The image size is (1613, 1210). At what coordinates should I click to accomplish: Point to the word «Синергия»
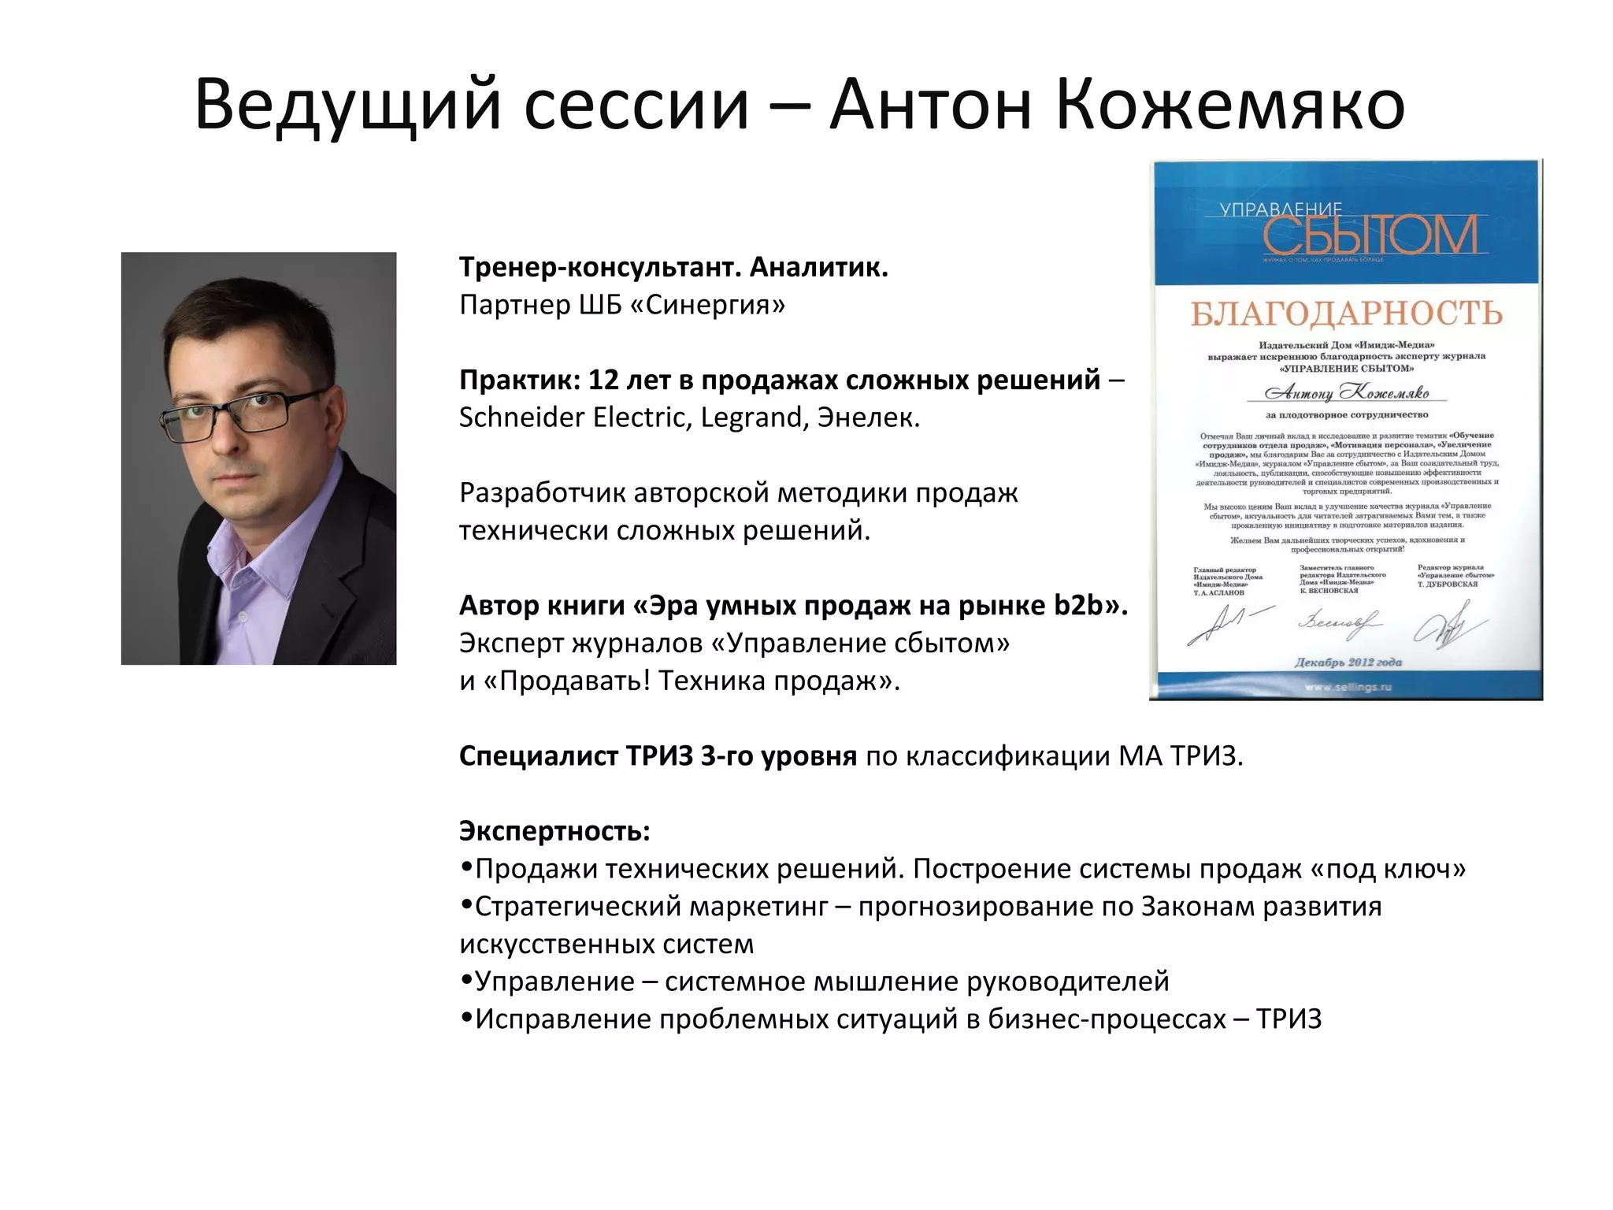[x=715, y=305]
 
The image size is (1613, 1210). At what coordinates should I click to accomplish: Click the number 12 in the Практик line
[x=603, y=380]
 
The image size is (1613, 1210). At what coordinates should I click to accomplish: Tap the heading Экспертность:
[x=554, y=831]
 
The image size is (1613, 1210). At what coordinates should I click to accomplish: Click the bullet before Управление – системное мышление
[x=466, y=981]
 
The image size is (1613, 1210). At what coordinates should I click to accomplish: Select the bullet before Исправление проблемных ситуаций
[x=466, y=1019]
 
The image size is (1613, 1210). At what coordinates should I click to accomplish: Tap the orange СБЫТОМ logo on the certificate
[x=1370, y=236]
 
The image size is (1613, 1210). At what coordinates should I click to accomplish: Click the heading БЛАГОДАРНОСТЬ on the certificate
[x=1346, y=314]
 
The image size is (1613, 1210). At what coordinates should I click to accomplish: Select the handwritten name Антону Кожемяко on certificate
[x=1346, y=392]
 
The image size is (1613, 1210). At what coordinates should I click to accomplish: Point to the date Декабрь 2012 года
[x=1348, y=663]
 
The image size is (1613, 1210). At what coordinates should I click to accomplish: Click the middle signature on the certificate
[x=1338, y=624]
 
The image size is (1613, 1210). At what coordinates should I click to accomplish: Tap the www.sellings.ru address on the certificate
[x=1348, y=687]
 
